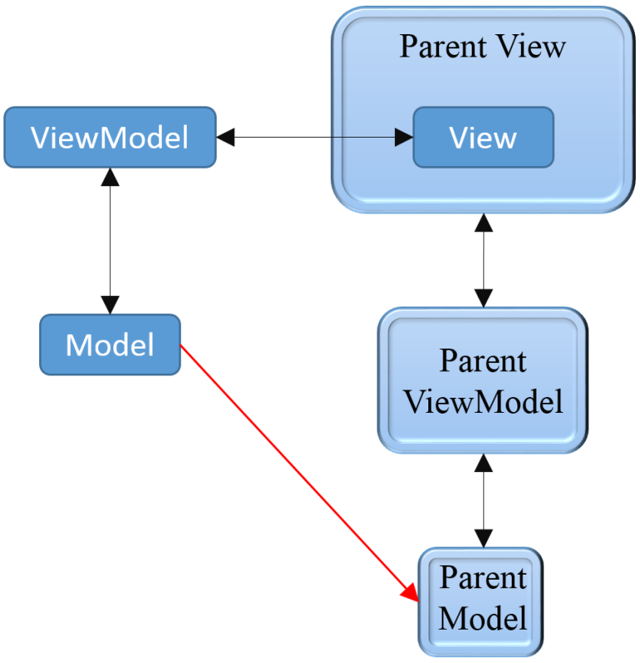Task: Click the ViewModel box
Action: click(109, 138)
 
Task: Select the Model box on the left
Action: click(110, 344)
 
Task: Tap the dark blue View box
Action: click(483, 138)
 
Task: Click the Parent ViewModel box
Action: click(482, 381)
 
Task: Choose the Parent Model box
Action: click(482, 599)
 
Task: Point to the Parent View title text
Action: click(482, 46)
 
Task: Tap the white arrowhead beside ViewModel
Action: click(226, 138)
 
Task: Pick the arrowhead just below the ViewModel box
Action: click(110, 177)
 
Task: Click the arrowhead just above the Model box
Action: click(110, 304)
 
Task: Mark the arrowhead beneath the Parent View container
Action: click(483, 223)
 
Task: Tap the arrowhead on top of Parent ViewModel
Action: click(483, 298)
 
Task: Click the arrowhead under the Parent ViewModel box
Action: click(483, 463)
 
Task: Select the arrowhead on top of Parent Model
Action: click(483, 538)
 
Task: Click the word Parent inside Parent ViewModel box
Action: click(482, 361)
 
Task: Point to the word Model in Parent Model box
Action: click(482, 619)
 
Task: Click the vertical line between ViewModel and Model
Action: click(110, 242)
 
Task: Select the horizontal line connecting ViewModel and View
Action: click(317, 138)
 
